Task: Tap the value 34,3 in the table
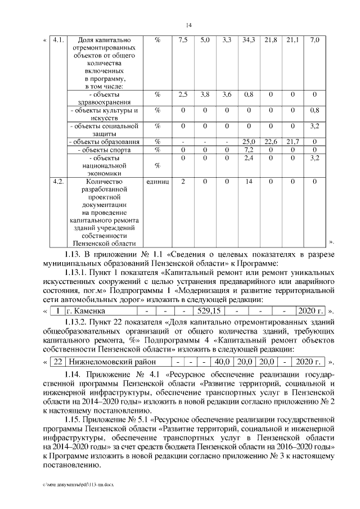248,40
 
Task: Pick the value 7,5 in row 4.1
183,40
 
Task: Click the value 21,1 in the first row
292,40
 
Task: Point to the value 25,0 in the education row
248,142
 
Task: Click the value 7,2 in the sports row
248,150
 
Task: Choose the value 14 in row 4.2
248,182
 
